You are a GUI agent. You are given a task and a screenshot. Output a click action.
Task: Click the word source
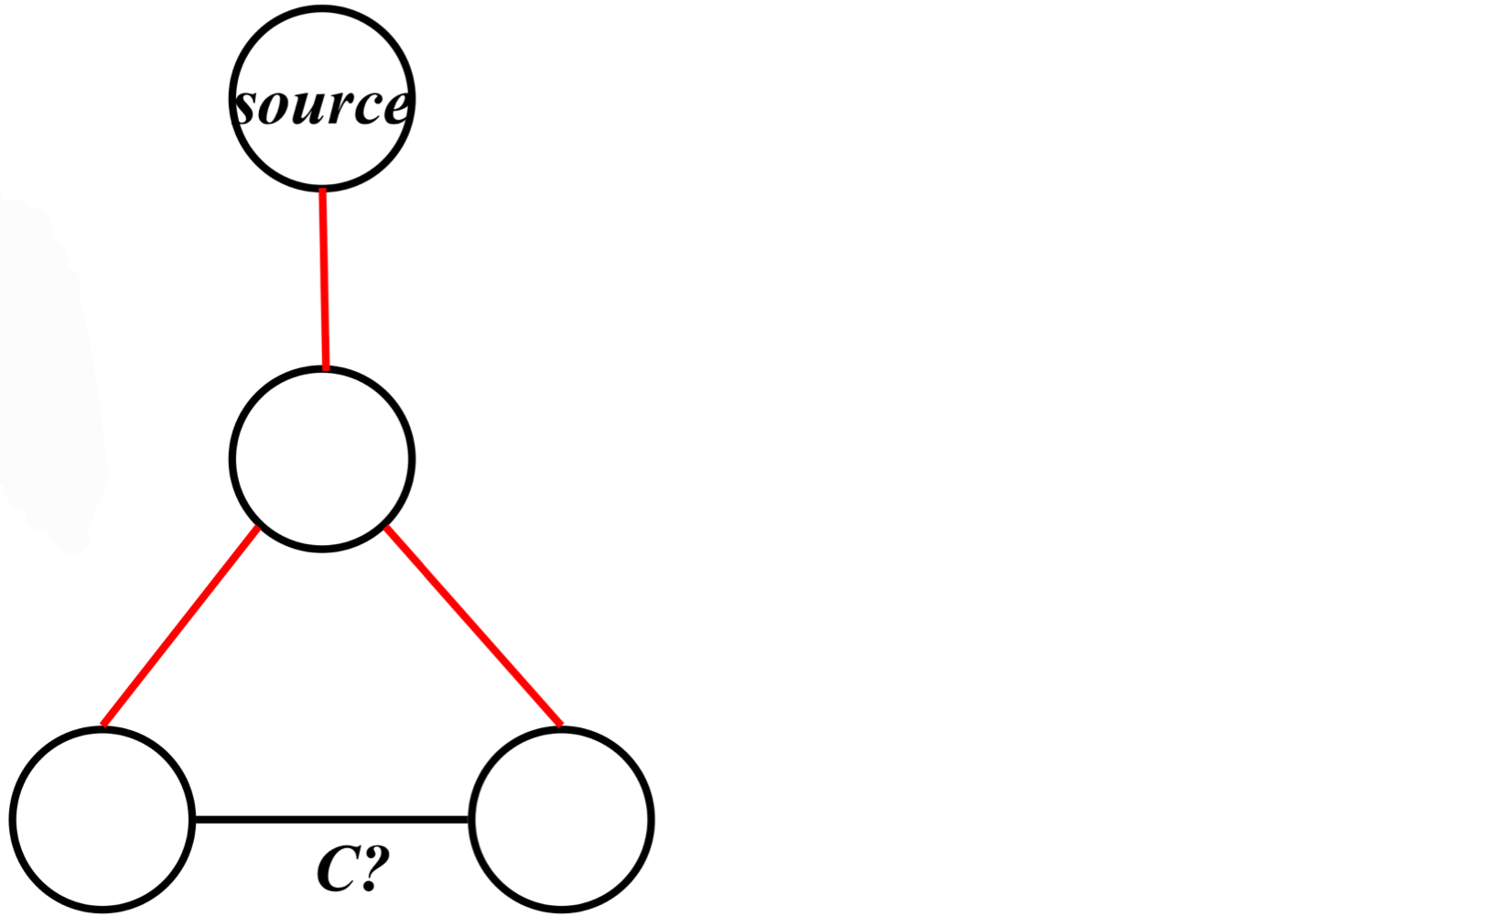(x=321, y=104)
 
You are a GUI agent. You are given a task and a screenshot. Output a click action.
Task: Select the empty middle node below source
(x=322, y=458)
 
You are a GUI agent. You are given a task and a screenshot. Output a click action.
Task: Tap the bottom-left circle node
(x=103, y=819)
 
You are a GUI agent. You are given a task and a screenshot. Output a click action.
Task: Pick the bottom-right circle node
(x=561, y=819)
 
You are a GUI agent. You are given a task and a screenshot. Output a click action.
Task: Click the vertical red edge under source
(x=324, y=278)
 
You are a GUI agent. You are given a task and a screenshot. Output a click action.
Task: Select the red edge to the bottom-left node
(x=180, y=627)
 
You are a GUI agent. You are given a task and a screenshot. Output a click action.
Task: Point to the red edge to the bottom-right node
(x=473, y=627)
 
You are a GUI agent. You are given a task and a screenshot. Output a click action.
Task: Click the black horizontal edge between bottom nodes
(x=331, y=819)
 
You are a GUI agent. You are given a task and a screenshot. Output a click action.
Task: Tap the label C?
(x=353, y=868)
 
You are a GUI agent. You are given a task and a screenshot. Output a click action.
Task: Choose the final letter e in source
(x=395, y=108)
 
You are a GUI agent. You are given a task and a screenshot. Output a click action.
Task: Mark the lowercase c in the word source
(x=365, y=108)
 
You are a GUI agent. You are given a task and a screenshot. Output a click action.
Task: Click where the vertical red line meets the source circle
(x=322, y=190)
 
